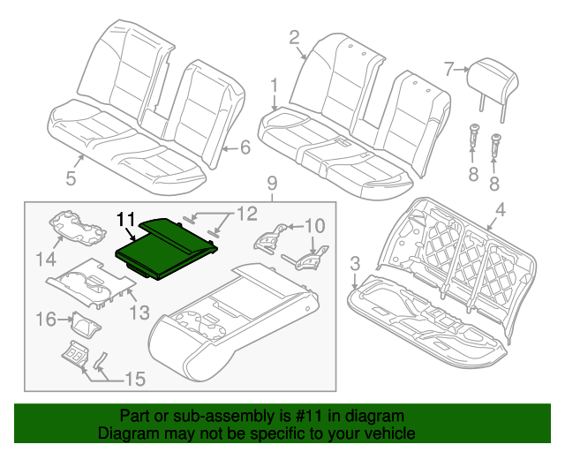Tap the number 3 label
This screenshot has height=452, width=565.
point(355,263)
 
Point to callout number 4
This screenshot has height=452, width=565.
point(500,210)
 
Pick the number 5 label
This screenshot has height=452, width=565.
point(71,179)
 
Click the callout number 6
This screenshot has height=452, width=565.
point(245,147)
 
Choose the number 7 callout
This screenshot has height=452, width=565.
point(448,67)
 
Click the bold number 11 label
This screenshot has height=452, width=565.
point(126,217)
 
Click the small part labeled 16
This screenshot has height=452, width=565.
point(85,324)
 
